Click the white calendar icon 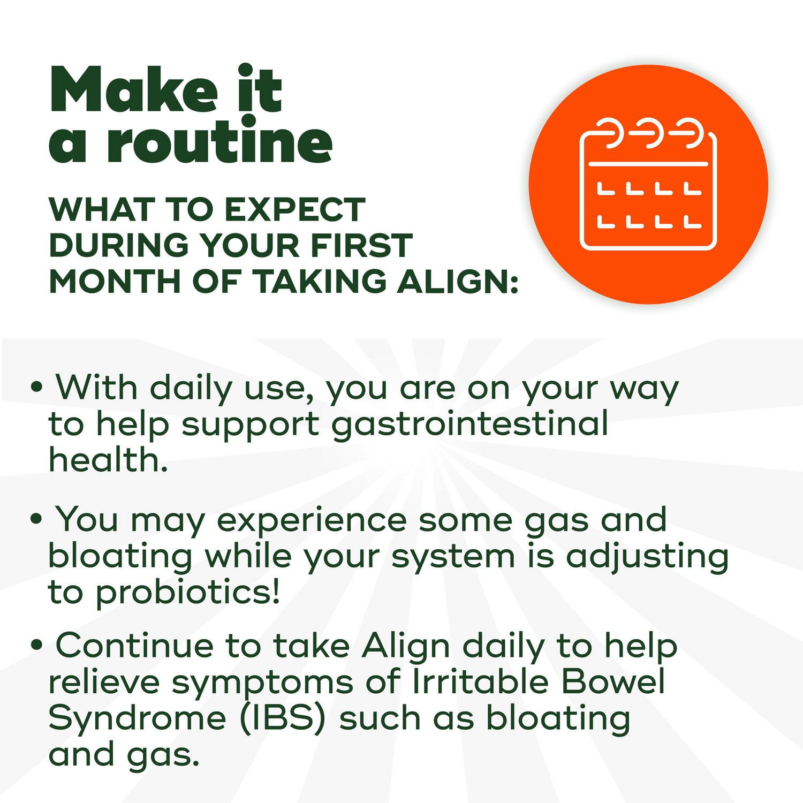(648, 184)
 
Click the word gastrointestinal (470, 424)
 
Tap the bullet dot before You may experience (36, 519)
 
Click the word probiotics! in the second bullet (187, 593)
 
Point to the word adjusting (647, 557)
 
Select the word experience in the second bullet (312, 520)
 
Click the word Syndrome (137, 718)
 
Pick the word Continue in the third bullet (134, 646)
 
